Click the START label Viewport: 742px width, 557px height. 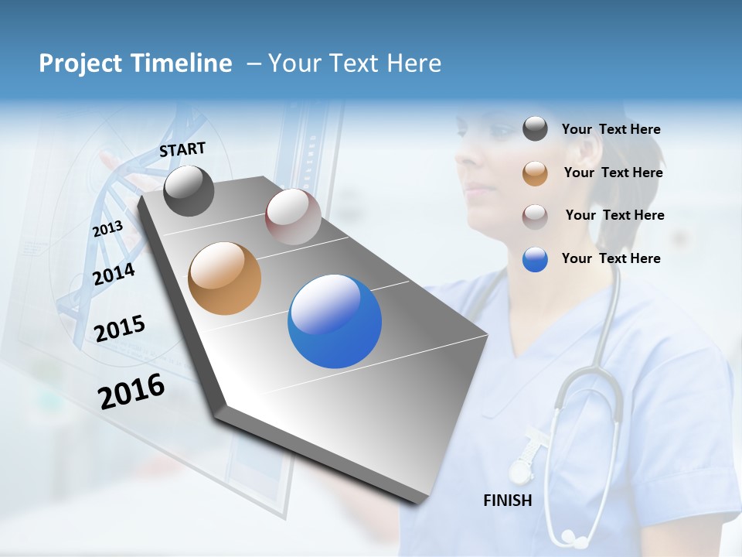(182, 149)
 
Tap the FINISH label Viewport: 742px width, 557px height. (508, 501)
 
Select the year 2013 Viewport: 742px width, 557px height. (107, 229)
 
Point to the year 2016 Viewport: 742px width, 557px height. (131, 391)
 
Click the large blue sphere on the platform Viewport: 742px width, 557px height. (335, 322)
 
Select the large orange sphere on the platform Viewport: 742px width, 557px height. (224, 278)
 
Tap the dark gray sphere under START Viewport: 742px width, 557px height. (189, 190)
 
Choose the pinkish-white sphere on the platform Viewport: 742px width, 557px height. (293, 217)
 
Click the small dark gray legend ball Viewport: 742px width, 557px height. (535, 129)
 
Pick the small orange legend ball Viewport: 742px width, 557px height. (535, 173)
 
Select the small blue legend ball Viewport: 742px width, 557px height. (535, 259)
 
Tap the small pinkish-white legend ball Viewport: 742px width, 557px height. (535, 216)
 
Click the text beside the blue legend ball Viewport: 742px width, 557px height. (611, 258)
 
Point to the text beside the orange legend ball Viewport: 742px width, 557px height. (613, 173)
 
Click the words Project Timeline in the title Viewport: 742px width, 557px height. (135, 63)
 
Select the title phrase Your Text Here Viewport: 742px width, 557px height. (355, 63)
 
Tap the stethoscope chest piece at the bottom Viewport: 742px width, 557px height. (570, 535)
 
